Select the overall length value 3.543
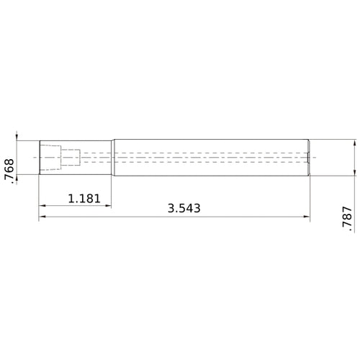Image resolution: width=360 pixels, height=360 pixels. coord(183,209)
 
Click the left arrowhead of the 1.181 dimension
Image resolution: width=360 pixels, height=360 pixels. coord(42,206)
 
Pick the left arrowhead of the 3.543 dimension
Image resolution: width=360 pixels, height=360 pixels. coord(42,217)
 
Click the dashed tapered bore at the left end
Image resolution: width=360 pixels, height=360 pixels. coord(50,156)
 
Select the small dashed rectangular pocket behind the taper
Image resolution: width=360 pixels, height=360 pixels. coord(71,156)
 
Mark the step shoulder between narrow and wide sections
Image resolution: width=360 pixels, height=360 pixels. coord(112,156)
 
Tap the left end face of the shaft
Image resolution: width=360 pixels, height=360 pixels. coord(39,156)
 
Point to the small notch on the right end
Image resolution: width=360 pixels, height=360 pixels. coord(308,157)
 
